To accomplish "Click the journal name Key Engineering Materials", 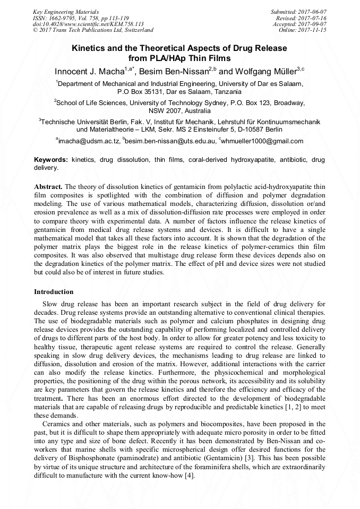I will click(65, 12).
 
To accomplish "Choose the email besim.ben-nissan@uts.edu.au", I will click(171, 141).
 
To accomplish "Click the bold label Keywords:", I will click(51, 160).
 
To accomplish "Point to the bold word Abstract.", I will click(48, 187).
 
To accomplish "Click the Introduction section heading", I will click(54, 292).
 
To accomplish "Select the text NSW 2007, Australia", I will click(179, 111).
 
